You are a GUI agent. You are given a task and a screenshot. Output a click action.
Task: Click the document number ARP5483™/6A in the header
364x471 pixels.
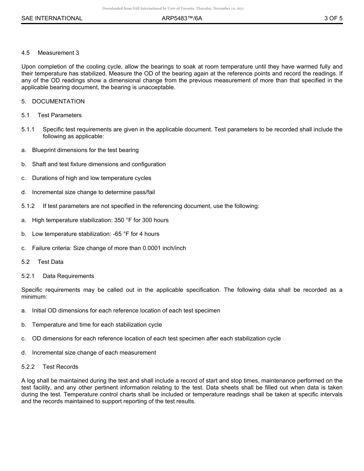[182, 18]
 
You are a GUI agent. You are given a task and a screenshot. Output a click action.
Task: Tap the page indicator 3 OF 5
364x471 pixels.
[333, 18]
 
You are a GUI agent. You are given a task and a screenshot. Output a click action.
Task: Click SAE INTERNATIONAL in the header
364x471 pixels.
[52, 18]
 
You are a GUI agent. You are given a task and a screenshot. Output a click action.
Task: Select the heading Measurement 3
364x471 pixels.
[58, 53]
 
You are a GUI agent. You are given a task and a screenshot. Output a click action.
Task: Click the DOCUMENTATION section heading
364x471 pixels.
[58, 101]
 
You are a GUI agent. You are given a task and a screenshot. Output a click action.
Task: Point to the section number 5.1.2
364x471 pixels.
[28, 206]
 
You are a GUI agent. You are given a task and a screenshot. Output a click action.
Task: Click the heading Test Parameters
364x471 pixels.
[59, 115]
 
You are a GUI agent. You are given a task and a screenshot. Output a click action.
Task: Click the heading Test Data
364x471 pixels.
[51, 262]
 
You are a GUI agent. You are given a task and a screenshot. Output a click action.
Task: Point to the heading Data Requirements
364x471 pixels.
[68, 276]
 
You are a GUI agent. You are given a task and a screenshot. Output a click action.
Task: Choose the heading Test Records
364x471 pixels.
[60, 367]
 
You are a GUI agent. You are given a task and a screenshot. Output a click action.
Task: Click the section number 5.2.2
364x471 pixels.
[28, 367]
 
